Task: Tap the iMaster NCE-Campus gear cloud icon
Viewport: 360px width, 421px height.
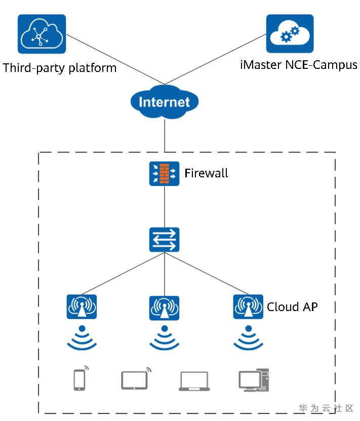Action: click(290, 33)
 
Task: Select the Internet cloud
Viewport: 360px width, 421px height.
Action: click(164, 102)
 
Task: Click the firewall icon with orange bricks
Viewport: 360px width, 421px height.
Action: click(164, 173)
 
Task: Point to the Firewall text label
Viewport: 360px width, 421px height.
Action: click(206, 173)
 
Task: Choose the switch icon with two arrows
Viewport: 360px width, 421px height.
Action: click(164, 240)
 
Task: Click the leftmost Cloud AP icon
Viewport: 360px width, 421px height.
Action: click(82, 307)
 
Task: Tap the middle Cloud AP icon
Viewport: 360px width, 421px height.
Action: click(164, 308)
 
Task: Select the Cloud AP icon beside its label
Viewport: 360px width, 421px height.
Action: click(248, 307)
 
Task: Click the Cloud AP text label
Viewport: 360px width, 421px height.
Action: click(292, 307)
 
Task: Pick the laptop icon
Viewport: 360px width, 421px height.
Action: click(194, 381)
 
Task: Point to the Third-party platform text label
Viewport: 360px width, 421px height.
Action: click(59, 68)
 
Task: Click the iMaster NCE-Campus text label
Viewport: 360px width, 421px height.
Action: click(299, 65)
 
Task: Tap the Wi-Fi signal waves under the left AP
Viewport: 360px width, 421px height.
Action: click(82, 338)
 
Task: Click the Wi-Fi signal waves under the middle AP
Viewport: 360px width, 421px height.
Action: click(164, 338)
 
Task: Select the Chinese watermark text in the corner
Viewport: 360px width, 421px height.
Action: click(326, 408)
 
